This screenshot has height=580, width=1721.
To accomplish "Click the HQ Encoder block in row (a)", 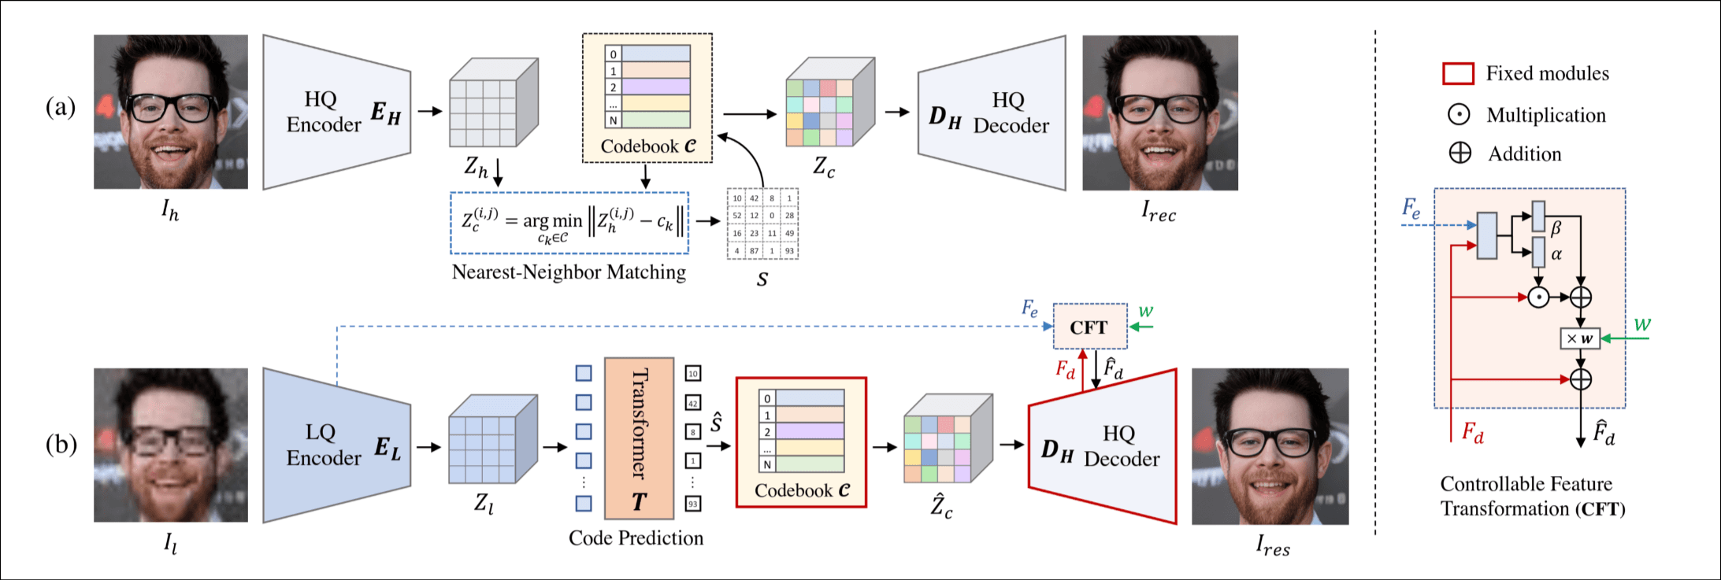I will click(336, 112).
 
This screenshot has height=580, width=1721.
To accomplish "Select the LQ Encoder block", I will click(336, 445).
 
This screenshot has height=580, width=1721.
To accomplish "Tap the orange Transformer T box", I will click(639, 438).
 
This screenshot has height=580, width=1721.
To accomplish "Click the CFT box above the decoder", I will click(1090, 327).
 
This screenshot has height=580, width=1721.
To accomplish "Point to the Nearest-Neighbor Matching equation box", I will click(569, 223).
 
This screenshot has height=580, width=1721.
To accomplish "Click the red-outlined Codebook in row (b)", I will click(801, 442).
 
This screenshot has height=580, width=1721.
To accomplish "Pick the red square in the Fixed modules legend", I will click(1458, 74).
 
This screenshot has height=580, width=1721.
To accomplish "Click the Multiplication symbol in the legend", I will click(1459, 115).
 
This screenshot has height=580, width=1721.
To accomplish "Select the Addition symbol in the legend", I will click(1460, 153).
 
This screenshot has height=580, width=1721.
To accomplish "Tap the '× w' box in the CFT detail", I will click(1579, 338).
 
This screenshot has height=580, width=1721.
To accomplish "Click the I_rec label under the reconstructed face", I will click(1159, 212).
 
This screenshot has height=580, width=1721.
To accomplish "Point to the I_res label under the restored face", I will click(1272, 545).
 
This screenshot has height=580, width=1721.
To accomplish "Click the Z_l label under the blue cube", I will click(484, 504).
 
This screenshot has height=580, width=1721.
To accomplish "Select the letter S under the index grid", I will click(762, 279).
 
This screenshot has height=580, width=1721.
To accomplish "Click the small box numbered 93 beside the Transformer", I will click(693, 504).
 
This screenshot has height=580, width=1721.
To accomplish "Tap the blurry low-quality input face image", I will click(171, 445).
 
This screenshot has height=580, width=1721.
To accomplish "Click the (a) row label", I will click(61, 107).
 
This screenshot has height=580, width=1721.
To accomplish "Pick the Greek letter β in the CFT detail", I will click(1556, 228).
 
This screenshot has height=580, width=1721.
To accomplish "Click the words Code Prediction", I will click(636, 538).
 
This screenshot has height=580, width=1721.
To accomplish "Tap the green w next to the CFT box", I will click(1146, 312).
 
